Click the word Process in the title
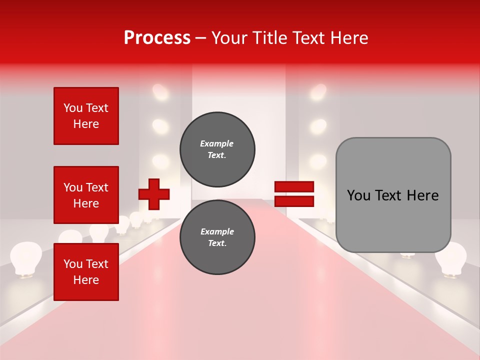tap(157, 37)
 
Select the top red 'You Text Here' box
tap(86, 116)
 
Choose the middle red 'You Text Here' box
tap(86, 195)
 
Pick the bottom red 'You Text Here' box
tap(86, 272)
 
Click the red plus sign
tap(154, 194)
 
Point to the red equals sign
tap(294, 194)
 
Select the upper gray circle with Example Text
tap(217, 149)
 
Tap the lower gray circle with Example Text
tap(217, 237)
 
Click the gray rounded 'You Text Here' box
tap(393, 195)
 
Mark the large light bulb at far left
tap(26, 257)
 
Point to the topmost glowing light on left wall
tap(160, 91)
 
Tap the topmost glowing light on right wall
tap(318, 91)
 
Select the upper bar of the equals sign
tap(294, 187)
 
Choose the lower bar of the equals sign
tap(294, 201)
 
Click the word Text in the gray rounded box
tap(392, 195)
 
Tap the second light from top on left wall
tap(160, 126)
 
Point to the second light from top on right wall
tap(318, 126)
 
